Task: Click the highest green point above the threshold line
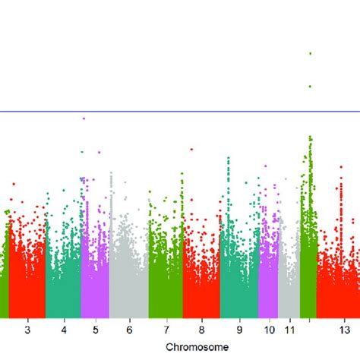[310, 53]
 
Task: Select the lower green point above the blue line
[310, 87]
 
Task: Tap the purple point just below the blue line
[84, 118]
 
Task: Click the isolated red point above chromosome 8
[191, 150]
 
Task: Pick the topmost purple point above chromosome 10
[265, 166]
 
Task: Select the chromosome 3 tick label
[27, 330]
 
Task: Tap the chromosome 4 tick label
[64, 330]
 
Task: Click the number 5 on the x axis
[95, 330]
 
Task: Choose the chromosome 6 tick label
[129, 330]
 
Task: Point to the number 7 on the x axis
[166, 330]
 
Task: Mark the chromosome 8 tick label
[201, 330]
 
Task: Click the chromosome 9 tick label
[238, 330]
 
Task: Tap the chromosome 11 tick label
[289, 330]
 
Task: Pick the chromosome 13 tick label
[344, 330]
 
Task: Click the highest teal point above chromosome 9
[229, 158]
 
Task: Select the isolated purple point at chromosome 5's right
[99, 152]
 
